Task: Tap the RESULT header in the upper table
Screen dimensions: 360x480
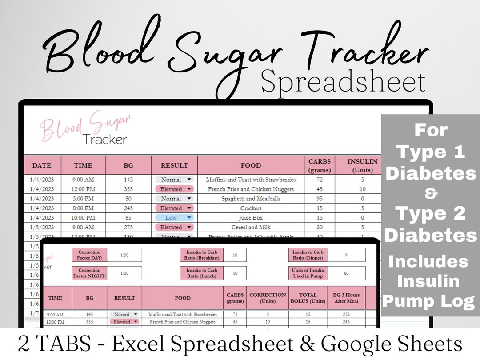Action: pos(174,165)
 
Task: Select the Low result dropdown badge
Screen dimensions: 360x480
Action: pos(174,218)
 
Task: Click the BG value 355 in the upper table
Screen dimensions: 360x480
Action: pos(128,189)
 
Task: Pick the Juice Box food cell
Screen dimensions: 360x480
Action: pos(251,218)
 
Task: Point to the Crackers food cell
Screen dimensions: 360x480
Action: pos(251,208)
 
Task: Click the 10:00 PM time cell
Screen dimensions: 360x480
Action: pos(83,218)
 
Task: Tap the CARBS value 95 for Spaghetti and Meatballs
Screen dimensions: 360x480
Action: pos(319,199)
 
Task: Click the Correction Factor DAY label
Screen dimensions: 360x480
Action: pos(89,255)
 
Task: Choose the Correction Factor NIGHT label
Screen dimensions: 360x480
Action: pos(89,273)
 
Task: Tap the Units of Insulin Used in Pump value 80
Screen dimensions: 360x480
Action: pos(346,273)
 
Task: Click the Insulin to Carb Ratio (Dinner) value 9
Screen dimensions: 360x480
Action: pos(346,255)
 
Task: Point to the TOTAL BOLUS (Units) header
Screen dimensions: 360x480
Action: pos(308,298)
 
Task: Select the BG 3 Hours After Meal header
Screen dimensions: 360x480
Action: pos(346,298)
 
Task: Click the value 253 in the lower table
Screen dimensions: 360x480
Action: pos(346,314)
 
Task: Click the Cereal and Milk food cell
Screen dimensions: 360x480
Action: pos(251,227)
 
